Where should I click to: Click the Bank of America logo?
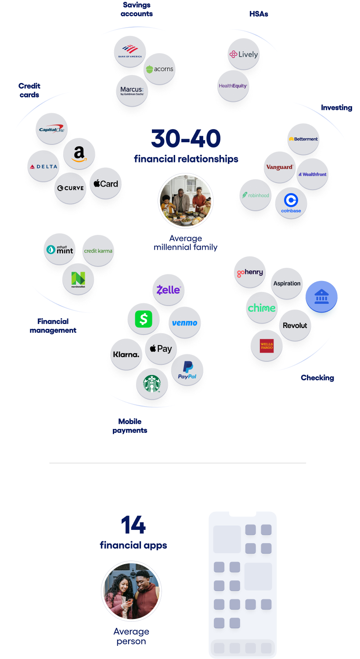pos(130,52)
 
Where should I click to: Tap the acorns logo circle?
pos(160,69)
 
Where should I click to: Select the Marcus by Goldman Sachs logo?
pos(132,91)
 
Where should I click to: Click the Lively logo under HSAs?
pos(244,54)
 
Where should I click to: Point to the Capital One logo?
pos(52,129)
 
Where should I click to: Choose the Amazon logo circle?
pos(79,154)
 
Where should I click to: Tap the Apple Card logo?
pos(106,184)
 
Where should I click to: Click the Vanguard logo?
pos(280,167)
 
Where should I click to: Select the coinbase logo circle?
pos(291,203)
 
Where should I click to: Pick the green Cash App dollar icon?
pos(144,319)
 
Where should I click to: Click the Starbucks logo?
pos(152,384)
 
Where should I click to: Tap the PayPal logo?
pos(187,370)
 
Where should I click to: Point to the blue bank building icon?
pos(321,297)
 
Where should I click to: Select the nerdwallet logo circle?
pos(78,279)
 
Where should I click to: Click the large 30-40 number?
pos(186,139)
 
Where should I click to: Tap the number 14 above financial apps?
pos(133,525)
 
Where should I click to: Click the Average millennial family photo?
pos(186,201)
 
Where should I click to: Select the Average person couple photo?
pos(131,591)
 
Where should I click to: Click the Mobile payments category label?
pos(130,426)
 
